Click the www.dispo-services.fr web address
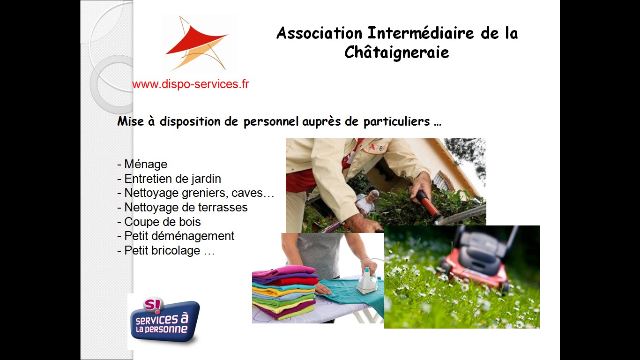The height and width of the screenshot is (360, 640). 191,84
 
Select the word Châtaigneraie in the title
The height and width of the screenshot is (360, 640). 396,53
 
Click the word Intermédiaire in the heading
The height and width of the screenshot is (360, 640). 420,33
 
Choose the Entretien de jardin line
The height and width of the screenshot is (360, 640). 169,179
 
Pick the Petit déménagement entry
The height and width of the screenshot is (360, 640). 176,236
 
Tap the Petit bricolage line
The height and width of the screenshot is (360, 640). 166,251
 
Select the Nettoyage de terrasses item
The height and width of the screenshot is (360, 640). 182,207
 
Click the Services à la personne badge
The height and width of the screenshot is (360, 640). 164,320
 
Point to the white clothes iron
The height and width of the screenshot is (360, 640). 367,282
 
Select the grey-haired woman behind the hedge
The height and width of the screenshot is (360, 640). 366,202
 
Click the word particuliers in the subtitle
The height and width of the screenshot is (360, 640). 396,121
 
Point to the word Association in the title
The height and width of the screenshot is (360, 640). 319,33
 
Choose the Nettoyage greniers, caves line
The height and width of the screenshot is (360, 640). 196,193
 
